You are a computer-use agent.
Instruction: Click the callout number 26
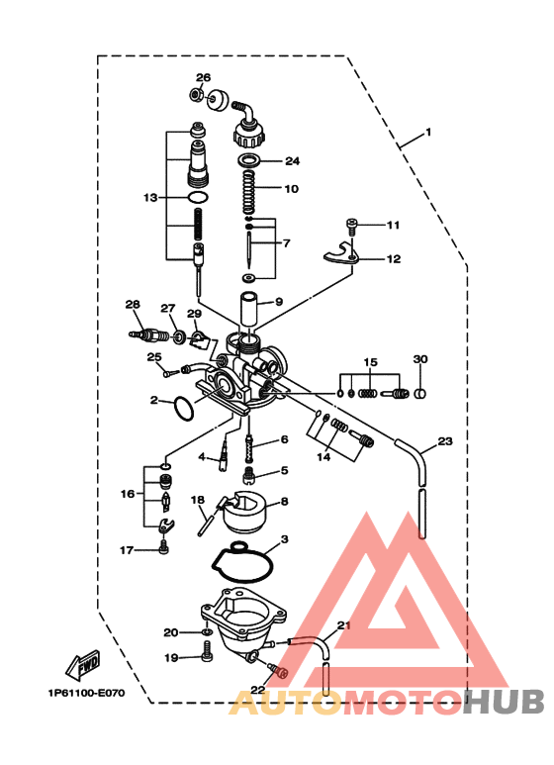pos(203,77)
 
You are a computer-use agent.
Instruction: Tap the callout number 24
pos(292,160)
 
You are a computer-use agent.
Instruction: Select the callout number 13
pos(149,198)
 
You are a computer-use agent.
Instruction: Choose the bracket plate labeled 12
pos(340,256)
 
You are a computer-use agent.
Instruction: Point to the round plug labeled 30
pos(420,394)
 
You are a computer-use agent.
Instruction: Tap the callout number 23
pos(444,440)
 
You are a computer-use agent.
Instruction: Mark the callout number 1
pos(428,132)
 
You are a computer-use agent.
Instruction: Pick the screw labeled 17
pos(164,547)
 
